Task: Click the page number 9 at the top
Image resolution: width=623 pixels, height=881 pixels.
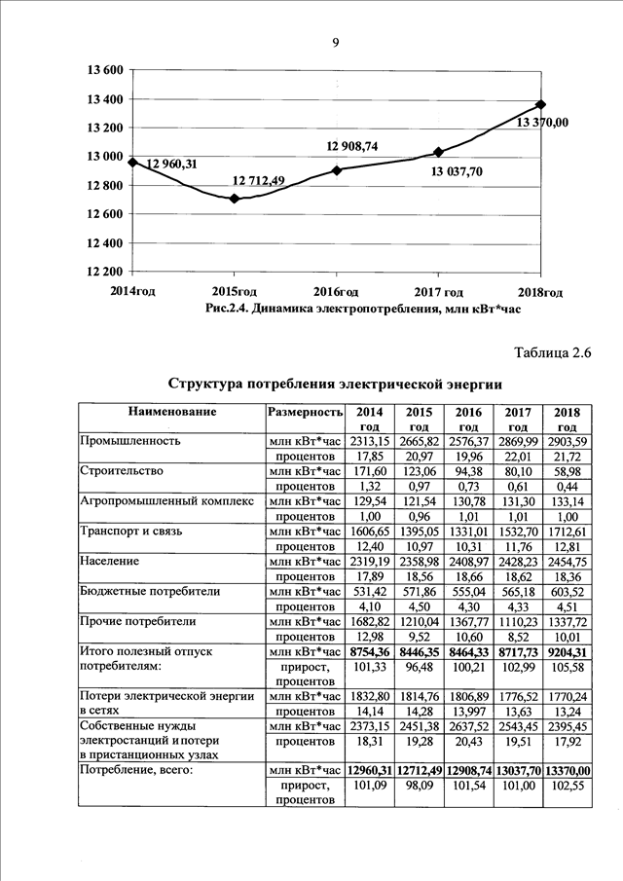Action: tap(334, 42)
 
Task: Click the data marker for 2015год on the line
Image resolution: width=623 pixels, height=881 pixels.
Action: tap(234, 199)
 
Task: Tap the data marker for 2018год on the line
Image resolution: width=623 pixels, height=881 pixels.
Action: tap(541, 104)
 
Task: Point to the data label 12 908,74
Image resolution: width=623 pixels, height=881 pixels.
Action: tap(351, 146)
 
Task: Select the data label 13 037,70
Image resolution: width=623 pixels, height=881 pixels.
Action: tap(457, 171)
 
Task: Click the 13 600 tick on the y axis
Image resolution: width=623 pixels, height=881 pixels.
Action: tap(103, 70)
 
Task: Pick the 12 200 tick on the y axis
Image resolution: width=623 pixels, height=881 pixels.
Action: tap(103, 271)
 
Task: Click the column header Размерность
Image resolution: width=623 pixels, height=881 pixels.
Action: tap(306, 412)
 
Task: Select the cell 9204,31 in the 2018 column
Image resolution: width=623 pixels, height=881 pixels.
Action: tap(567, 651)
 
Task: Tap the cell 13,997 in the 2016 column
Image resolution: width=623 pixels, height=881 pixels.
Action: tap(468, 711)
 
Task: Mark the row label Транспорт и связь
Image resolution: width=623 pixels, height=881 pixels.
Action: tap(128, 531)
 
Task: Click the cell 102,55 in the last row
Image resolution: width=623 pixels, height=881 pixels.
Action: tap(567, 785)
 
